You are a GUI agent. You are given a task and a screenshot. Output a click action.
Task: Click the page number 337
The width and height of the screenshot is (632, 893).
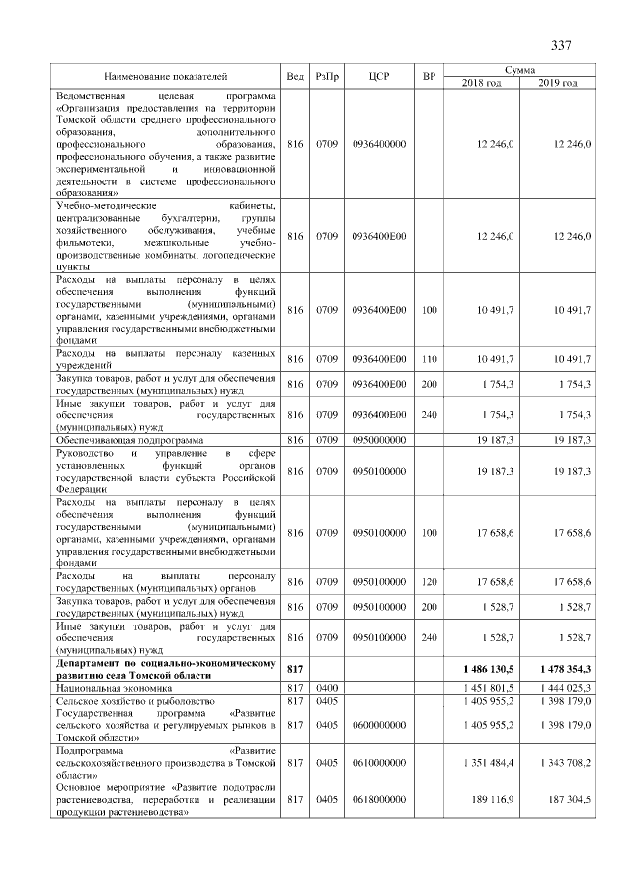pyautogui.click(x=562, y=46)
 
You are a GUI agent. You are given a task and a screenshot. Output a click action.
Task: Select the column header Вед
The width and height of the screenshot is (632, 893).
pyautogui.click(x=295, y=76)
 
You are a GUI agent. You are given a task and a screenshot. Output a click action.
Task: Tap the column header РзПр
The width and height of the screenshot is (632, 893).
pyautogui.click(x=327, y=76)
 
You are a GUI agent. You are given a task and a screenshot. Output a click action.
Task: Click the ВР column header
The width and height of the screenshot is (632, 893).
pyautogui.click(x=429, y=76)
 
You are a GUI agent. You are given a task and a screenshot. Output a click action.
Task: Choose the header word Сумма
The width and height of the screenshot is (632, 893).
pyautogui.click(x=520, y=70)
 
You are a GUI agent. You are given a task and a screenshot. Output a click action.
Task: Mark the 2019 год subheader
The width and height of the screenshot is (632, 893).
pyautogui.click(x=558, y=83)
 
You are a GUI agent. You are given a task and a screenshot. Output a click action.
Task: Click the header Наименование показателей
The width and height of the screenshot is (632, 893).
pyautogui.click(x=165, y=76)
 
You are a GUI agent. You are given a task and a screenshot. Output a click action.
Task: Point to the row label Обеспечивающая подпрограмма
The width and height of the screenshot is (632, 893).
pyautogui.click(x=125, y=439)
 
